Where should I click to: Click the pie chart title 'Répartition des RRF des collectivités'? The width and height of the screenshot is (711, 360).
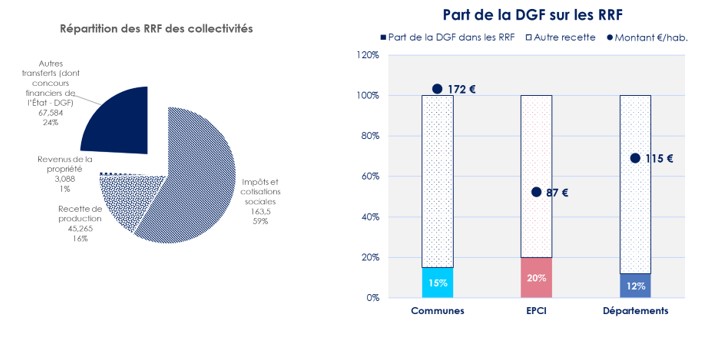[x=156, y=28]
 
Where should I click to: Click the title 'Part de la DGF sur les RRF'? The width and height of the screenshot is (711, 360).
[x=535, y=15]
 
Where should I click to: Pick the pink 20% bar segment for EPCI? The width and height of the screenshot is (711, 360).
[x=536, y=277]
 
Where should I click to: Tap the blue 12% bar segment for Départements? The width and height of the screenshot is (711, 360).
[x=636, y=285]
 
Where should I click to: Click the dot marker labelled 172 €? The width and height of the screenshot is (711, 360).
[x=436, y=89]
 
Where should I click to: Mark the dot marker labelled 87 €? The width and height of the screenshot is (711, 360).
[x=536, y=192]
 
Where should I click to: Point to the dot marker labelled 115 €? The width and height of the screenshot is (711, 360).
[x=635, y=158]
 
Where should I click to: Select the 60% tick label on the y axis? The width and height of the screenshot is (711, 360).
[x=369, y=176]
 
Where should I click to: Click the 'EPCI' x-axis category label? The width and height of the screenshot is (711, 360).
[x=536, y=311]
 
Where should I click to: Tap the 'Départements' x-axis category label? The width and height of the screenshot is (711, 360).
[x=636, y=311]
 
